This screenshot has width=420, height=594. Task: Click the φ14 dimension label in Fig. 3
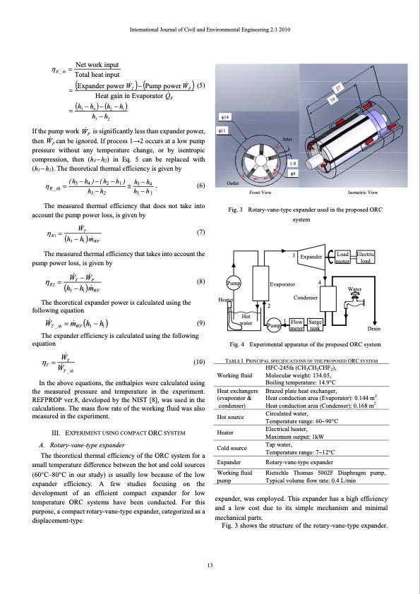pyautogui.click(x=223, y=116)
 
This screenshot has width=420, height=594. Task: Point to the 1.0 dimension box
pyautogui.click(x=294, y=164)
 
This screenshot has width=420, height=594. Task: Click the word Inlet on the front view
pyautogui.click(x=287, y=139)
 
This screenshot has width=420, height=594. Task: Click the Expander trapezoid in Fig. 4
pyautogui.click(x=310, y=258)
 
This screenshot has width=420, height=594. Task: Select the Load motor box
pyautogui.click(x=343, y=258)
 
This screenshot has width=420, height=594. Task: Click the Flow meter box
pyautogui.click(x=297, y=325)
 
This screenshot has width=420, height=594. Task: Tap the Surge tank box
pyautogui.click(x=316, y=325)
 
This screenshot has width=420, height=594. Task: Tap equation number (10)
pyautogui.click(x=198, y=362)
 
